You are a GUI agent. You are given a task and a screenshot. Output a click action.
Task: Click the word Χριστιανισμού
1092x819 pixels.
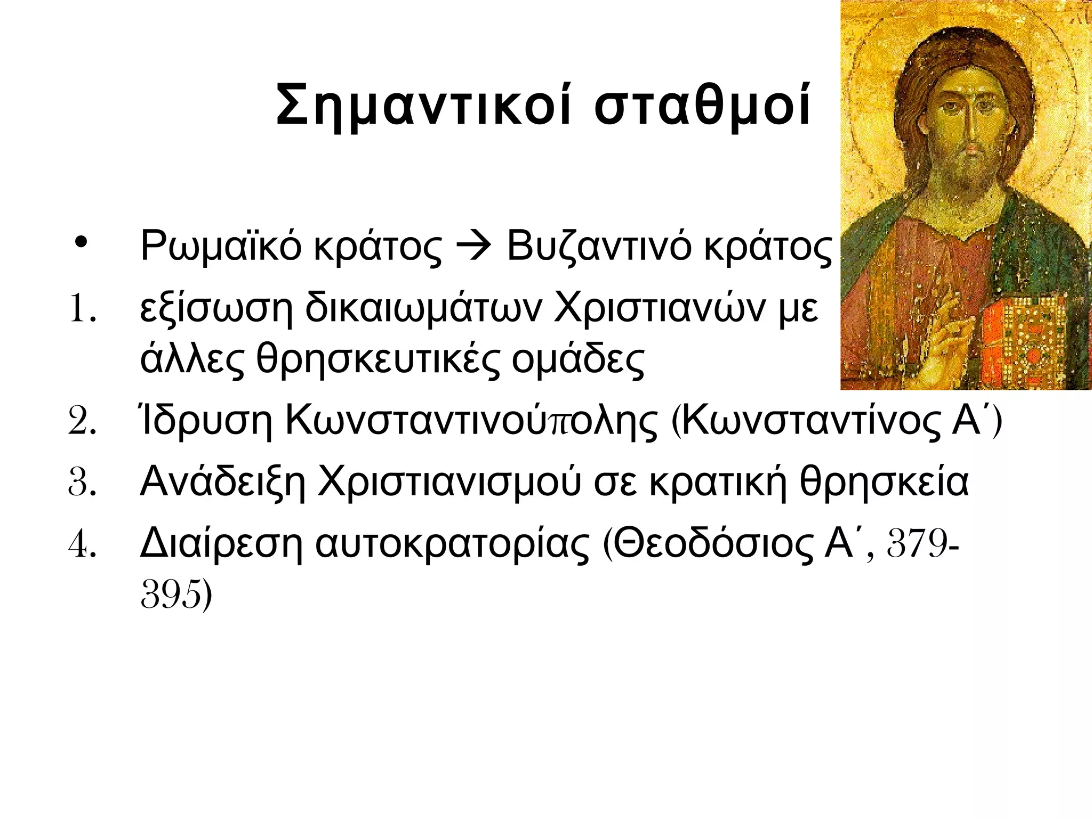448,483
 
